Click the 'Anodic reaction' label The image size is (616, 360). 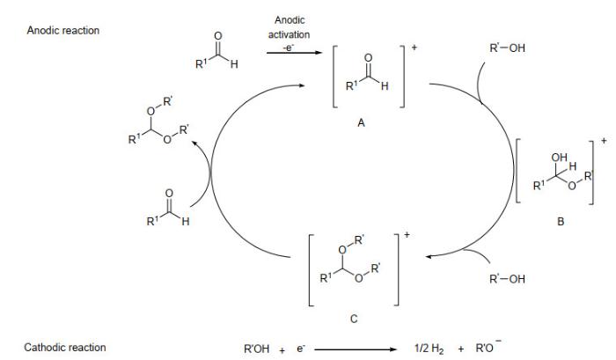(62, 31)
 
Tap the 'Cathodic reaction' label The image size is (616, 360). (65, 348)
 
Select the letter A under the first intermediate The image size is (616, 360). (361, 123)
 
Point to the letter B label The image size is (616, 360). (561, 222)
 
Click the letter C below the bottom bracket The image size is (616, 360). (354, 319)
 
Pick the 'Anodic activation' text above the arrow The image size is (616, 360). (290, 27)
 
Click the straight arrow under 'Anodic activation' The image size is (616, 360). (294, 52)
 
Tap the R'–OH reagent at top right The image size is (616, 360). (507, 48)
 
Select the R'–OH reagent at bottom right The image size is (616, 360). (507, 279)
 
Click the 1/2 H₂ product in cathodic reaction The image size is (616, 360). (429, 349)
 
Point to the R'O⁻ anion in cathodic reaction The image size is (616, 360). (488, 347)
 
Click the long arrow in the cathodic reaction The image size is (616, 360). (356, 349)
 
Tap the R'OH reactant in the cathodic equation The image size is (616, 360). (257, 349)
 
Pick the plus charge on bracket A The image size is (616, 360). (414, 48)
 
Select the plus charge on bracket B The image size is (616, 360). (604, 140)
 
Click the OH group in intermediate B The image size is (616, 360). (559, 158)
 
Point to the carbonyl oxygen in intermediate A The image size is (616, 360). (368, 58)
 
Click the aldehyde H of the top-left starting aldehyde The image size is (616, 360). (234, 64)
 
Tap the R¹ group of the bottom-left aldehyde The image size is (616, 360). (152, 221)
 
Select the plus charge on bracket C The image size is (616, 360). (407, 235)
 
